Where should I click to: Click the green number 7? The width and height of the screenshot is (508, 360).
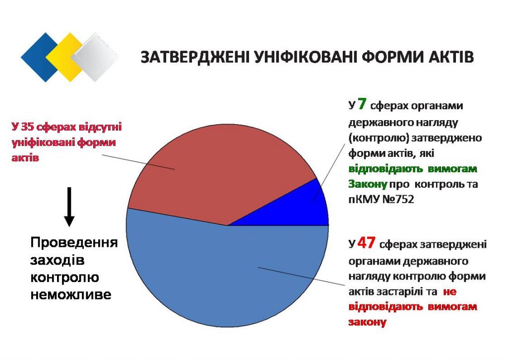pyautogui.click(x=362, y=104)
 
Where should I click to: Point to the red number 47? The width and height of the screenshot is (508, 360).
pyautogui.click(x=367, y=243)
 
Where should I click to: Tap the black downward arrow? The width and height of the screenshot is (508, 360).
pyautogui.click(x=69, y=207)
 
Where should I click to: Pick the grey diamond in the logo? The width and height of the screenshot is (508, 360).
pyautogui.click(x=95, y=58)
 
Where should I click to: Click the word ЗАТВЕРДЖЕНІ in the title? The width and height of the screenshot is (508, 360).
pyautogui.click(x=195, y=57)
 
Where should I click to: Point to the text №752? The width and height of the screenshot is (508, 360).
pyautogui.click(x=398, y=199)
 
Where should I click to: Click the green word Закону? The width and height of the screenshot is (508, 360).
pyautogui.click(x=368, y=184)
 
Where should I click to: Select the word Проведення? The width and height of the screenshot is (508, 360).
pyautogui.click(x=74, y=243)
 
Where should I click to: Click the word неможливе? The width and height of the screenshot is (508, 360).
pyautogui.click(x=71, y=295)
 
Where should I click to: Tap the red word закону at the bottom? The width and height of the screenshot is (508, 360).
pyautogui.click(x=368, y=322)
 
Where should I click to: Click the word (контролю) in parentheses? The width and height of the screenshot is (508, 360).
pyautogui.click(x=378, y=138)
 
